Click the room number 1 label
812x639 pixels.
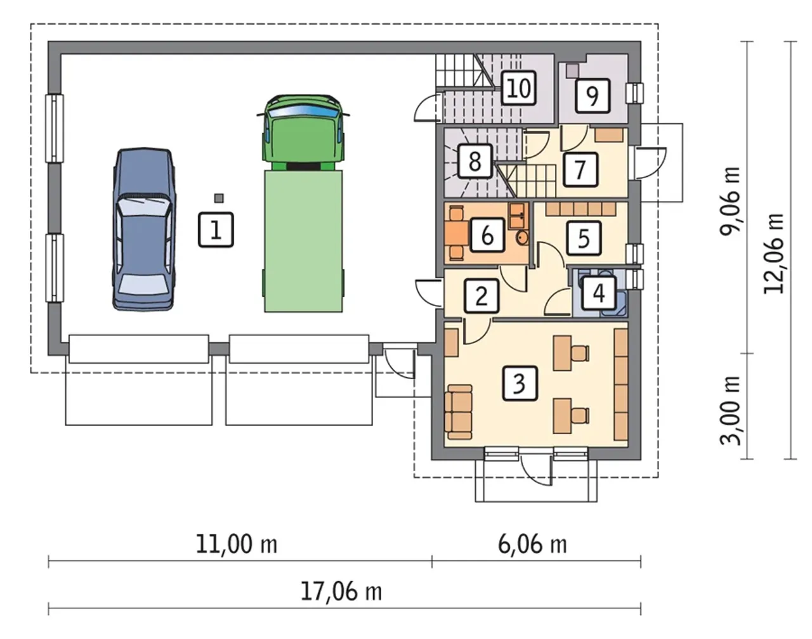(216, 229)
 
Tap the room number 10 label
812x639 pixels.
(519, 88)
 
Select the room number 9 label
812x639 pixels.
(593, 96)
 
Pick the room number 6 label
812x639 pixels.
(487, 235)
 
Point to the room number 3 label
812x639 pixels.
(520, 384)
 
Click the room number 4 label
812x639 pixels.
(599, 293)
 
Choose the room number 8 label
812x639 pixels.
(475, 161)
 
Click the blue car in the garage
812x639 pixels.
(145, 229)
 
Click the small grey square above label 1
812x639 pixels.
(219, 198)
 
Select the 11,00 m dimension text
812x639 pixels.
(237, 545)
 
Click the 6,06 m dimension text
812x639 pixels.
(532, 545)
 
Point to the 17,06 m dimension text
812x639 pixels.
(341, 592)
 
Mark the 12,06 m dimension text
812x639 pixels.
(775, 254)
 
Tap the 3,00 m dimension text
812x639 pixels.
(731, 410)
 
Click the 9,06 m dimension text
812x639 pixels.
(731, 202)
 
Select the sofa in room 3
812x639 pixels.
(459, 412)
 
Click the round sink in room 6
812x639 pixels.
(523, 238)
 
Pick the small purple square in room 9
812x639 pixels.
(573, 70)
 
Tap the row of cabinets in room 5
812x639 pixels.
(580, 209)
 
